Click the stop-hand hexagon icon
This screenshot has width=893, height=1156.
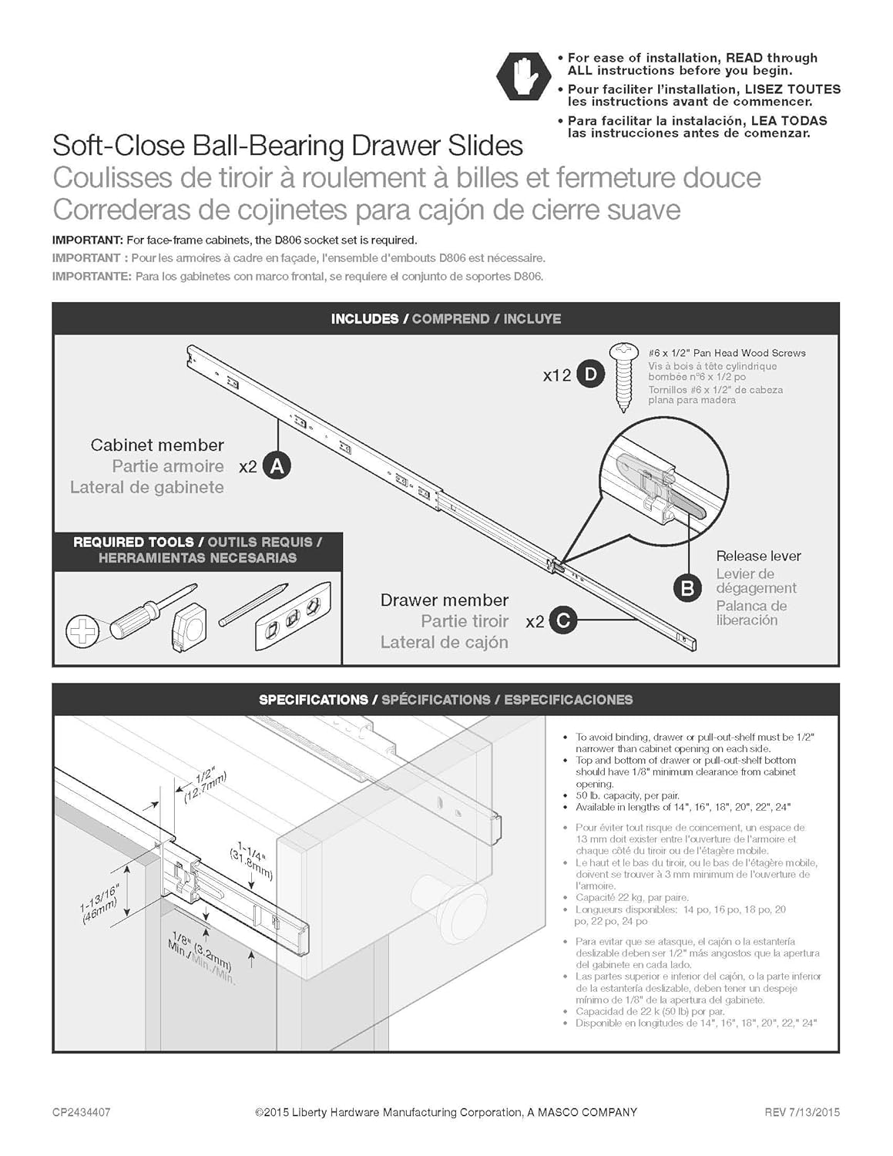pyautogui.click(x=524, y=75)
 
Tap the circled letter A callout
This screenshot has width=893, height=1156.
pyautogui.click(x=277, y=466)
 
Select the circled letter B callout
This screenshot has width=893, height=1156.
pyautogui.click(x=687, y=588)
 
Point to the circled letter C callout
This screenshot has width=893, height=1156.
pyautogui.click(x=563, y=620)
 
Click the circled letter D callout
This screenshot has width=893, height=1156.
pyautogui.click(x=591, y=375)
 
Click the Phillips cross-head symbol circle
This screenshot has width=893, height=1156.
pyautogui.click(x=82, y=632)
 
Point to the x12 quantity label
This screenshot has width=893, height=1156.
pyautogui.click(x=556, y=376)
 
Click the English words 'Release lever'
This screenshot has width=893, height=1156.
pyautogui.click(x=758, y=556)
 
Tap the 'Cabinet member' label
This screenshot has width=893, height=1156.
pyautogui.click(x=157, y=445)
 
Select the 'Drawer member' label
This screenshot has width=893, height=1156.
pyautogui.click(x=445, y=600)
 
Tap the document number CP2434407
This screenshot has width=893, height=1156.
pyautogui.click(x=81, y=1112)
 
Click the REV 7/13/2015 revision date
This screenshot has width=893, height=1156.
pyautogui.click(x=801, y=1112)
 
